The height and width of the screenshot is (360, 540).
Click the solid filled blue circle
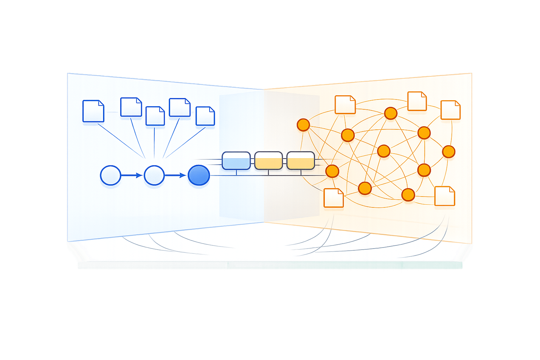click(x=199, y=175)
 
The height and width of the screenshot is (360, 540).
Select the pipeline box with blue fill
click(x=236, y=161)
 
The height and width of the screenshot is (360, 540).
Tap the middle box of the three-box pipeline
click(x=268, y=161)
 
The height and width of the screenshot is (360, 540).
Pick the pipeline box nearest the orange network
click(x=301, y=161)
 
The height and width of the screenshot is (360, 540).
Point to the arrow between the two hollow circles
click(x=132, y=175)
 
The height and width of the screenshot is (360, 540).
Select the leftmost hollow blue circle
click(x=110, y=175)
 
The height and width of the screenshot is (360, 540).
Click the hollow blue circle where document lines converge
click(x=154, y=175)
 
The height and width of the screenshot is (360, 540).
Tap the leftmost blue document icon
click(x=93, y=111)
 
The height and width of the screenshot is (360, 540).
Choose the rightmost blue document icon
click(x=205, y=116)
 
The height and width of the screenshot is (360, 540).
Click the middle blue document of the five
click(x=155, y=116)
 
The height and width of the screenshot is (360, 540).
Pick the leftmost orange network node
click(x=303, y=125)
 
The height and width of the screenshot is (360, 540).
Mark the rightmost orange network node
click(x=448, y=152)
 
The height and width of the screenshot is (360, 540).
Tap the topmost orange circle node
click(x=391, y=113)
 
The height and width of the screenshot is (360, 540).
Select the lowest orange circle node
click(x=408, y=194)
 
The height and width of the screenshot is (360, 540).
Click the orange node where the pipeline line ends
click(x=332, y=171)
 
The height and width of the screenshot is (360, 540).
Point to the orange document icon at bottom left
click(x=333, y=198)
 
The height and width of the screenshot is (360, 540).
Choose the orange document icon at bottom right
click(x=445, y=196)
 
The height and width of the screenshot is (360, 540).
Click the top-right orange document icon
click(x=450, y=110)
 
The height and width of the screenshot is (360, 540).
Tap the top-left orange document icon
click(x=345, y=105)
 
